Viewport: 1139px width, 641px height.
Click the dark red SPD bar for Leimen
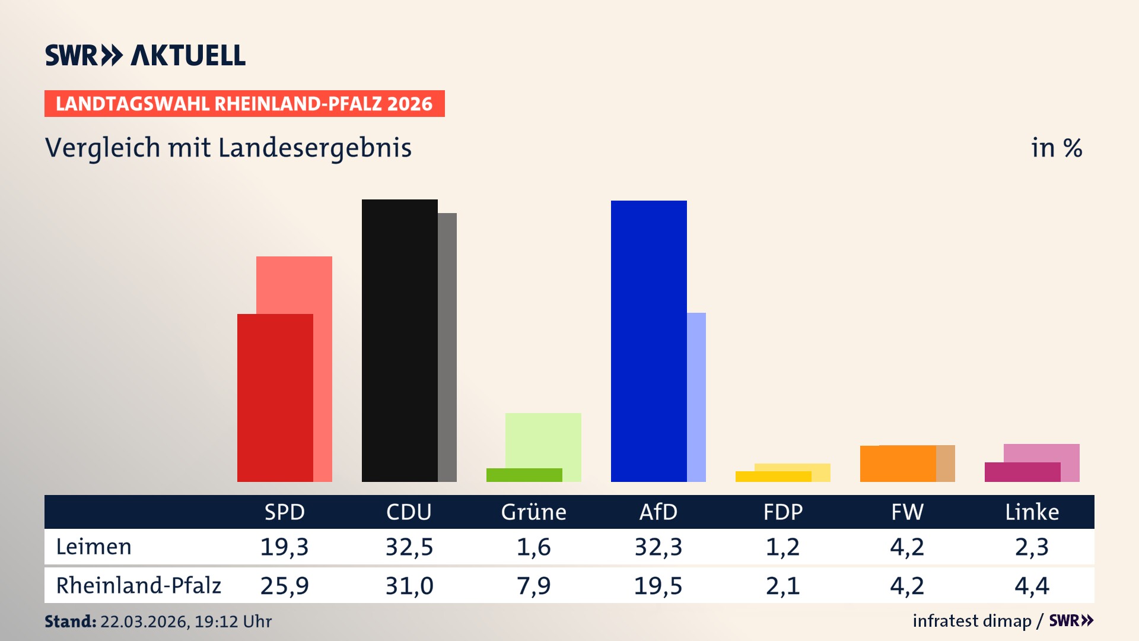tap(275, 398)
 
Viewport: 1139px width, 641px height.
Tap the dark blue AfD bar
tap(648, 341)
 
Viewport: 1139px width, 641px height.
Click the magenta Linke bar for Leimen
tap(1022, 472)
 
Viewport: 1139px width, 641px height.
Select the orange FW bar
tap(898, 464)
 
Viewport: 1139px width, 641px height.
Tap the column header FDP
tap(782, 512)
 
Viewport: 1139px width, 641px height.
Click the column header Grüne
tap(533, 512)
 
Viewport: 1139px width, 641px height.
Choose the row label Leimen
tap(94, 547)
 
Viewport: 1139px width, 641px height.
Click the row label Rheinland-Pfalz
tap(138, 586)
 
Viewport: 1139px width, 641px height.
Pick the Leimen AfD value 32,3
tap(658, 547)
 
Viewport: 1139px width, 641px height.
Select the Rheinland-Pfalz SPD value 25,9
tap(284, 586)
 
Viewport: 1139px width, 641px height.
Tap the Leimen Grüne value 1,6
tap(533, 547)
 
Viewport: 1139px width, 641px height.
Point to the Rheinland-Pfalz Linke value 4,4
tap(1032, 586)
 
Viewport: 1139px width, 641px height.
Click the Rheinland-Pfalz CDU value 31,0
tap(409, 586)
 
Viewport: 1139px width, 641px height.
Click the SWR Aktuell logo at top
tap(145, 55)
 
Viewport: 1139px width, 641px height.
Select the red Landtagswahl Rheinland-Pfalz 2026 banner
tap(244, 104)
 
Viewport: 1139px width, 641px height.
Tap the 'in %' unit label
tap(1056, 148)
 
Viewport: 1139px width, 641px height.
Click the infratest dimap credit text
tap(972, 621)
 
